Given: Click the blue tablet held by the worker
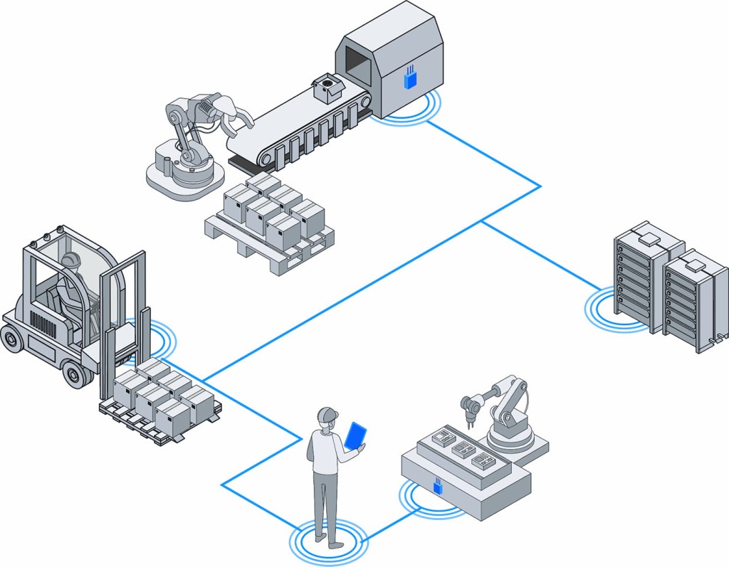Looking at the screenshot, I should [x=355, y=435].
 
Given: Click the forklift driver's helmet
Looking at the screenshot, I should [x=70, y=260].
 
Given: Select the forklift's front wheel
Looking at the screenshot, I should [x=77, y=373].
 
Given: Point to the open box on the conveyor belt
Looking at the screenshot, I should [x=327, y=88].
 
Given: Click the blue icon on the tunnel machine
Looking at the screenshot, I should [x=409, y=78].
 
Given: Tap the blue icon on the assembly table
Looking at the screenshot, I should [x=438, y=487].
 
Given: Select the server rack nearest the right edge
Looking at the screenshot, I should [x=694, y=299].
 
